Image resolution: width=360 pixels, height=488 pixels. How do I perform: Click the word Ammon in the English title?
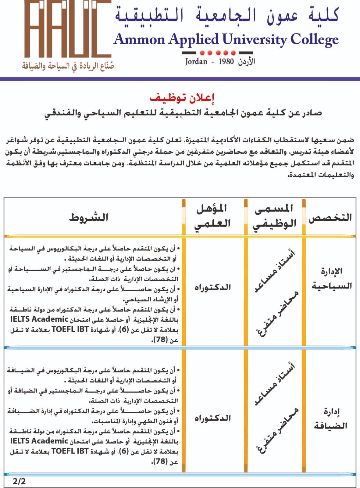click(x=139, y=40)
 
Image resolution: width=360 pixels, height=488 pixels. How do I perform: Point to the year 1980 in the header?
click(x=226, y=62)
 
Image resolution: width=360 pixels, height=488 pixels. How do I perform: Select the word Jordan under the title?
click(x=196, y=62)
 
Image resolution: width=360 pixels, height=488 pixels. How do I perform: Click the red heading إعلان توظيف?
click(x=182, y=98)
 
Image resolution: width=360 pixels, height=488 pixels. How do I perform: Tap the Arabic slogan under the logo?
click(x=68, y=66)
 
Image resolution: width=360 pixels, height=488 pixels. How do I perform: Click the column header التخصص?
click(x=330, y=217)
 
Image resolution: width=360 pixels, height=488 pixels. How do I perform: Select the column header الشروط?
click(x=89, y=217)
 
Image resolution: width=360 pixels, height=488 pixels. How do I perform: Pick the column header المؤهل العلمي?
click(x=213, y=216)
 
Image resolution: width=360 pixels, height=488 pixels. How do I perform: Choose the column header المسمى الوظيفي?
click(x=275, y=216)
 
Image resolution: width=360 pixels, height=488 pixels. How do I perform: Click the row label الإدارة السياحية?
click(x=331, y=278)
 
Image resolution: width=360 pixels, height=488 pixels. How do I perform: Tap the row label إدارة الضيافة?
click(x=331, y=418)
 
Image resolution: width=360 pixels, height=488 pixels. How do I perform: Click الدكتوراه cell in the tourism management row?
click(x=213, y=287)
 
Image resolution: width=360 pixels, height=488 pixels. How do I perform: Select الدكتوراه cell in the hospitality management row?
click(x=213, y=418)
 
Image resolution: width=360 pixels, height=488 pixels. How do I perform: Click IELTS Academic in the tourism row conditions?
click(x=39, y=319)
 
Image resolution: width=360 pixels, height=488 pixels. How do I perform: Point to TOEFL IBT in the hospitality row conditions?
click(x=70, y=451)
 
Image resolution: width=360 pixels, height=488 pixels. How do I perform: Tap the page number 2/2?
click(x=19, y=481)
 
